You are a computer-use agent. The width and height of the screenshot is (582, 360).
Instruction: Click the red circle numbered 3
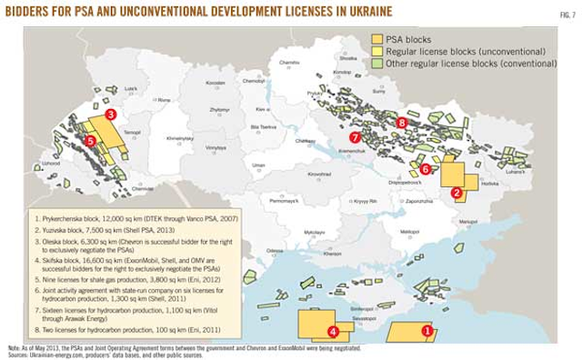coord(110,115)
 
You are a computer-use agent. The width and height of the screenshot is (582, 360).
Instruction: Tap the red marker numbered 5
coord(89,141)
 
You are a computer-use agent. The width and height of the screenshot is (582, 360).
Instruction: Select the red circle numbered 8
coord(401,122)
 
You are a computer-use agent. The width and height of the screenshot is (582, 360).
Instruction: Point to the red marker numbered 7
coord(356,138)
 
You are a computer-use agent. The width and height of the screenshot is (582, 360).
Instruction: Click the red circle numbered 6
coord(425,168)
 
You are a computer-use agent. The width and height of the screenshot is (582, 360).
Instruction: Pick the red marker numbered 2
coord(457,192)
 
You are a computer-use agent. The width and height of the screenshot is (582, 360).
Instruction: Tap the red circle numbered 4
coord(333,332)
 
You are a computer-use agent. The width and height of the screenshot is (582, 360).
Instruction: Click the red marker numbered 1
coord(426,332)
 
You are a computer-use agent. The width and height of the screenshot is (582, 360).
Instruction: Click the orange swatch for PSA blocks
coord(376,40)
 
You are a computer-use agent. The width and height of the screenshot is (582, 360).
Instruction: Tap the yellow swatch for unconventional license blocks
coord(376,53)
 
